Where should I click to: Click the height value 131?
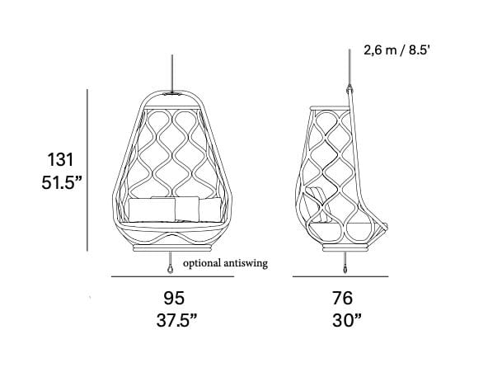60,159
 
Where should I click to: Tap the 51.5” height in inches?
62,183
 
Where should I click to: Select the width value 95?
174,298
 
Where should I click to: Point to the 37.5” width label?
176,320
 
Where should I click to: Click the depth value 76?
342,298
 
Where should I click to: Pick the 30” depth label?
347,320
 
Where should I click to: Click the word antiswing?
246,264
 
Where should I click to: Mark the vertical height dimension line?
87,170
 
